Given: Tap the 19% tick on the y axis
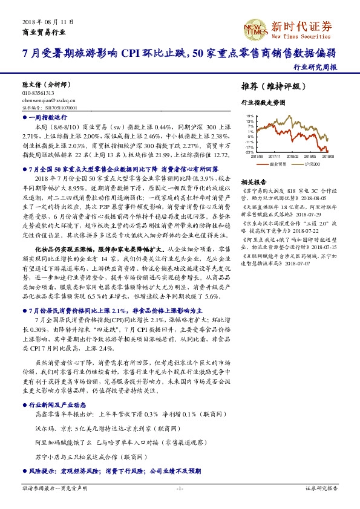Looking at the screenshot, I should pos(249,115).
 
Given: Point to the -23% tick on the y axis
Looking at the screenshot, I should pos(249,152).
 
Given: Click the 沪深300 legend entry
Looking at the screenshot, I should pos(312,163).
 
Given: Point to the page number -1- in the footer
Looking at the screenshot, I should pos(180,488).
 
